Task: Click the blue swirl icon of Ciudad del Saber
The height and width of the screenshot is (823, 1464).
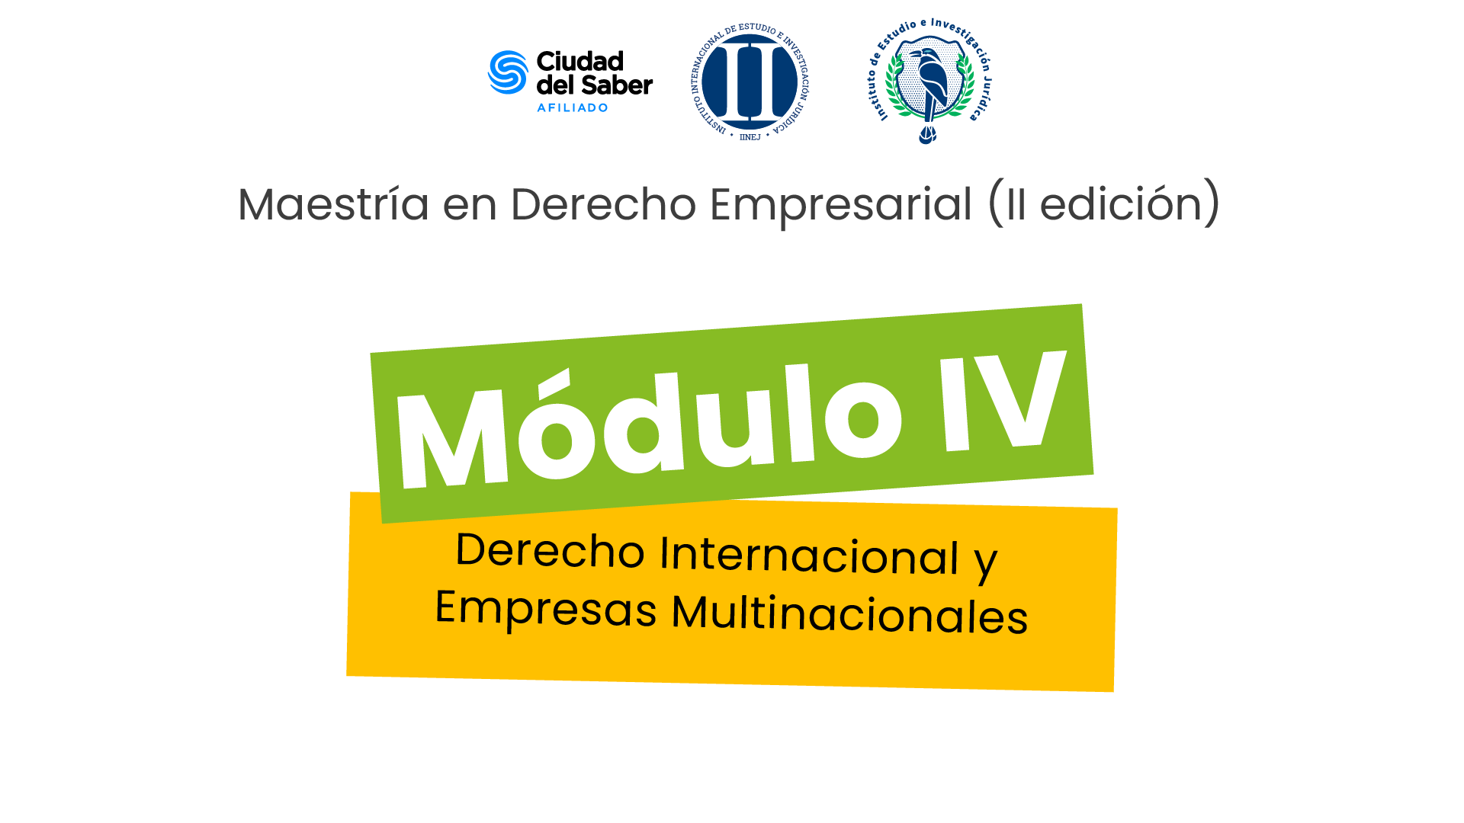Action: pyautogui.click(x=508, y=72)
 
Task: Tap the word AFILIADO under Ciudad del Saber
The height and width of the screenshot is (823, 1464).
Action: pyautogui.click(x=573, y=107)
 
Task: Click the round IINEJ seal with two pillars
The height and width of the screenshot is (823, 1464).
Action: pyautogui.click(x=750, y=82)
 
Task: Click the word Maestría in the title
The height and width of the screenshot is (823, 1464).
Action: pyautogui.click(x=334, y=204)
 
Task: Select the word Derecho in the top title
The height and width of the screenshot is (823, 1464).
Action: pyautogui.click(x=603, y=204)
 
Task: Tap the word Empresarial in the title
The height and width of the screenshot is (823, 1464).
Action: pyautogui.click(x=841, y=205)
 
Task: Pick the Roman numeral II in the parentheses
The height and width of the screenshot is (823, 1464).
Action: pyautogui.click(x=1016, y=205)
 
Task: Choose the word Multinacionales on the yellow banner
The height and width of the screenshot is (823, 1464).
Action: pyautogui.click(x=849, y=614)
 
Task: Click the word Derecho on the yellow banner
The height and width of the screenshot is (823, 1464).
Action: pyautogui.click(x=550, y=549)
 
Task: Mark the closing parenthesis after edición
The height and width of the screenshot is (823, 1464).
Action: pyautogui.click(x=1212, y=203)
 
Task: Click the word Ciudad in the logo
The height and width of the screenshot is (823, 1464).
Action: pyautogui.click(x=580, y=61)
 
